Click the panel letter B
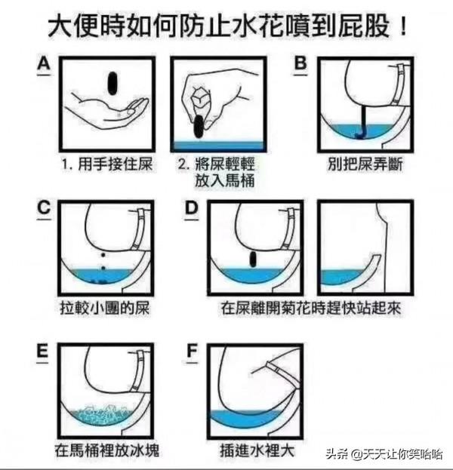tap(300, 65)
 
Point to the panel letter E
tap(44, 352)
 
